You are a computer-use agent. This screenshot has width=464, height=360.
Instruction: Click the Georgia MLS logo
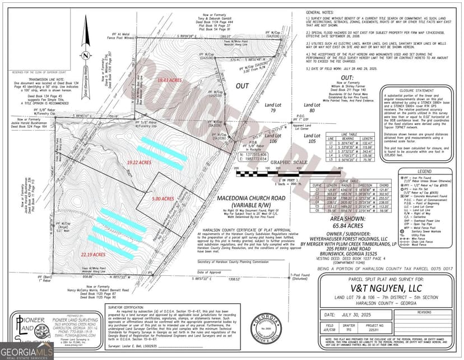(x=26, y=351)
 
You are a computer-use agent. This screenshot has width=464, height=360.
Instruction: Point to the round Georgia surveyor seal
(x=266, y=327)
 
